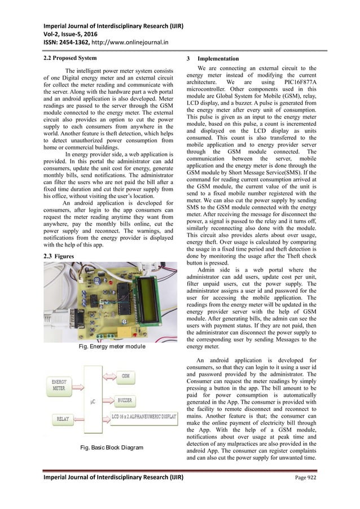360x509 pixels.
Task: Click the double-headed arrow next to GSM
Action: (111, 375)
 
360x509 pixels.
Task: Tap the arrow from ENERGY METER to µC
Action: (78, 385)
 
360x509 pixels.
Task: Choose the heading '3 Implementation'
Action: (212, 59)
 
